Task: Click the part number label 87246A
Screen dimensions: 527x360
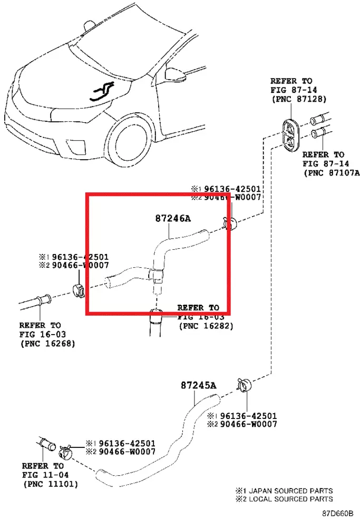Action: coord(172,218)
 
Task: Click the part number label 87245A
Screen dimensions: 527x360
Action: coord(199,385)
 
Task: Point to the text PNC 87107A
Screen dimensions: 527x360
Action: coord(331,172)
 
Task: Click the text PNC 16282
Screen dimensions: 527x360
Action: coord(206,326)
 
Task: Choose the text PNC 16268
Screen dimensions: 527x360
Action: coord(47,344)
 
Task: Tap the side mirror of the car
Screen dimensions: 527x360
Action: coord(172,72)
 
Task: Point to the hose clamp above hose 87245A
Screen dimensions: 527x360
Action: coord(243,384)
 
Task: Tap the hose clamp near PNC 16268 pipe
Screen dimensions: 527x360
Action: coord(79,290)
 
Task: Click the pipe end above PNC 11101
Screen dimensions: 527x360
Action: coord(46,443)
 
